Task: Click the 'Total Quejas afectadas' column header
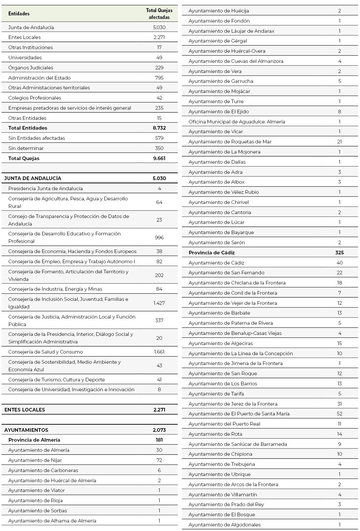click(x=159, y=14)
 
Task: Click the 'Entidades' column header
click(x=19, y=14)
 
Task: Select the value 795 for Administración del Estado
click(x=159, y=78)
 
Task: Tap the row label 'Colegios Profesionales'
click(x=35, y=98)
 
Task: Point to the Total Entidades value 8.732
click(x=159, y=128)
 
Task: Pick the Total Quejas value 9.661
click(x=159, y=158)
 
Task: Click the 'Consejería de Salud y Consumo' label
click(x=45, y=352)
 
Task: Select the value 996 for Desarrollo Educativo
click(x=159, y=237)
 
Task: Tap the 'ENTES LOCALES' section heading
click(x=25, y=410)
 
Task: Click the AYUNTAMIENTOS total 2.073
click(x=159, y=430)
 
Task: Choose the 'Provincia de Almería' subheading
click(x=34, y=440)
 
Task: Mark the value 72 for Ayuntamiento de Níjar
click(x=159, y=460)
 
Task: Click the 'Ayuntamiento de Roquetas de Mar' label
click(x=230, y=142)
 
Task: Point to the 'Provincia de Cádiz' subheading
click(x=212, y=253)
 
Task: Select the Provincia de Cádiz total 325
click(x=339, y=253)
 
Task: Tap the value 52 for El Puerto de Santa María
click(x=339, y=414)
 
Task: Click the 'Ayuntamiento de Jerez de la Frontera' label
click(x=233, y=404)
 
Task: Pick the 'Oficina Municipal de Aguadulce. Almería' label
click(x=237, y=122)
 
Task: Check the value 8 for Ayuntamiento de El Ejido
click(x=339, y=112)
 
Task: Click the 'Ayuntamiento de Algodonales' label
click(x=225, y=525)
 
